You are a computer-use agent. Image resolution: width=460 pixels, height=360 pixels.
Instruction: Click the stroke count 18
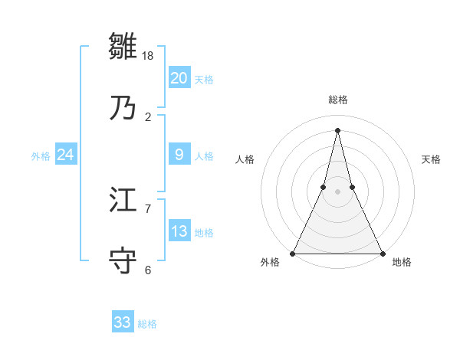click(x=148, y=56)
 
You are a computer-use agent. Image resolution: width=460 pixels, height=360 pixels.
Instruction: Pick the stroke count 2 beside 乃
click(x=148, y=117)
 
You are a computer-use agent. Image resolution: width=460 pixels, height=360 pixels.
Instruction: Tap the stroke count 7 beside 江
click(x=148, y=208)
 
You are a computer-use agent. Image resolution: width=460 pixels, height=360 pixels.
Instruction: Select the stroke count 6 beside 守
click(x=148, y=270)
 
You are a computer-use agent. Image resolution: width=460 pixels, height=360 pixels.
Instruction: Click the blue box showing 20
click(x=179, y=78)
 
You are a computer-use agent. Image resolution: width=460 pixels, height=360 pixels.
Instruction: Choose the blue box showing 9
click(x=179, y=155)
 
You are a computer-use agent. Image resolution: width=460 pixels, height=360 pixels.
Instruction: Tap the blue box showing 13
click(x=179, y=231)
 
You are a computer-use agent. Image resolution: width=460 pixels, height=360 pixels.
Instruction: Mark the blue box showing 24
click(x=66, y=155)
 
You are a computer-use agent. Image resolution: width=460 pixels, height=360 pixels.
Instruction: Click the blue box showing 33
click(x=123, y=322)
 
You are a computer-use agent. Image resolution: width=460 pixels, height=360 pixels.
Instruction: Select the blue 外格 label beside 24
click(x=41, y=156)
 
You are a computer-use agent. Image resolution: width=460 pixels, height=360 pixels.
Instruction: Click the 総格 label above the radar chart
click(x=338, y=100)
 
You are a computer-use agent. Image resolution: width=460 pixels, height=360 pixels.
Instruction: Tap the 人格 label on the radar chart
click(x=245, y=159)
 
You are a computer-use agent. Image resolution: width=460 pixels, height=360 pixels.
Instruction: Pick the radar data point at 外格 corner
click(x=294, y=253)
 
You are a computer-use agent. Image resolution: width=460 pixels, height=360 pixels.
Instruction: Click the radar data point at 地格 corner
click(x=382, y=253)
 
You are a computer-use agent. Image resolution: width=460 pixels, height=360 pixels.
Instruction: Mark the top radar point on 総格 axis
click(x=337, y=130)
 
